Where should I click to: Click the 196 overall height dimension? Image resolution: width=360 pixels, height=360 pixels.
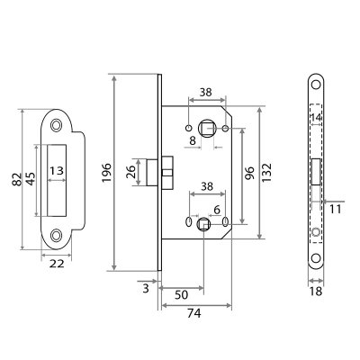pyautogui.click(x=106, y=173)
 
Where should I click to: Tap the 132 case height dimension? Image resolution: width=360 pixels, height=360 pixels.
pyautogui.click(x=266, y=173)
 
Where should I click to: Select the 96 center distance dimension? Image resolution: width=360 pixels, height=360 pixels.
pyautogui.click(x=249, y=173)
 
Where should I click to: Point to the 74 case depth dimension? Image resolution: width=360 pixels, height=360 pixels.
pyautogui.click(x=194, y=313)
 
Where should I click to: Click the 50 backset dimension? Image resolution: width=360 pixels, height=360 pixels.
pyautogui.click(x=181, y=295)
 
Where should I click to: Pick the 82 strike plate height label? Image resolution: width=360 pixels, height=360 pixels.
pyautogui.click(x=17, y=179)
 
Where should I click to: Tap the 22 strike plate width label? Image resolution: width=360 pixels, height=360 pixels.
pyautogui.click(x=57, y=264)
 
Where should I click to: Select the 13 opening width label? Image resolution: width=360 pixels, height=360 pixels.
pyautogui.click(x=57, y=171)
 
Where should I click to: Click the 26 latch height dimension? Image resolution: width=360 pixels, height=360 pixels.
pyautogui.click(x=131, y=172)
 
